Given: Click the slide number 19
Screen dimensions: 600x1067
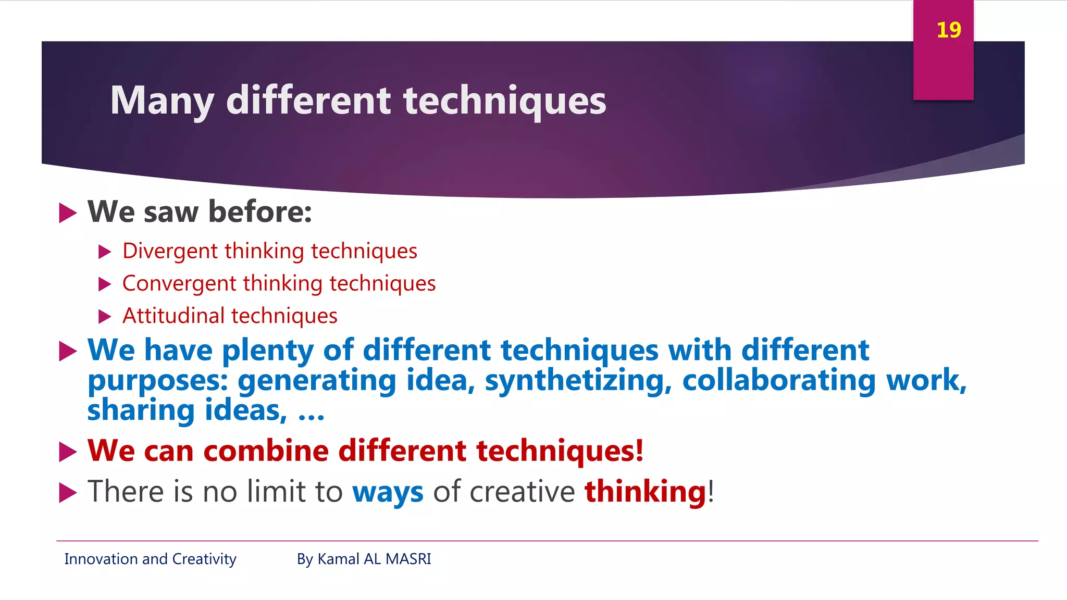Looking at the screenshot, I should point(948,30).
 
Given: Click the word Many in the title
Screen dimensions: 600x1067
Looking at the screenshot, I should point(162,101).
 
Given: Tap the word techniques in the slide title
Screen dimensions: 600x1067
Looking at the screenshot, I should point(504,101).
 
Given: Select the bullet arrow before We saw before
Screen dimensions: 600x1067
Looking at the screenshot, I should point(68,213).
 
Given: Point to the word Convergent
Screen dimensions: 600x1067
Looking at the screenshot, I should point(179,284).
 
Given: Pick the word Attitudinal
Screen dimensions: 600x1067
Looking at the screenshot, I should point(173,316).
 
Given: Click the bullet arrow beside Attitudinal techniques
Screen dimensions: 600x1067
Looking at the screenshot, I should point(105,316).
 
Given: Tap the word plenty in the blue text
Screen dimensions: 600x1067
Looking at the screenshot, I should point(268,350).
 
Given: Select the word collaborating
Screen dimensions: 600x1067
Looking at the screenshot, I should point(779,380).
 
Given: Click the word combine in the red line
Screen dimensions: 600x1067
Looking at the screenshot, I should point(266,451).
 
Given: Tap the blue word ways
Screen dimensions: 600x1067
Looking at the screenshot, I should point(388,492).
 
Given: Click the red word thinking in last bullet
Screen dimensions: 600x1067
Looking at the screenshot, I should point(645,492).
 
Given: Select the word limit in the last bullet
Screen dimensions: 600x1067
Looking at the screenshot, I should point(276,492).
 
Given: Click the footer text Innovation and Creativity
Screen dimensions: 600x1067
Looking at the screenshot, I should point(150,559).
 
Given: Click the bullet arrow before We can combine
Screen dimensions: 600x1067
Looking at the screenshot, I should point(68,452).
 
